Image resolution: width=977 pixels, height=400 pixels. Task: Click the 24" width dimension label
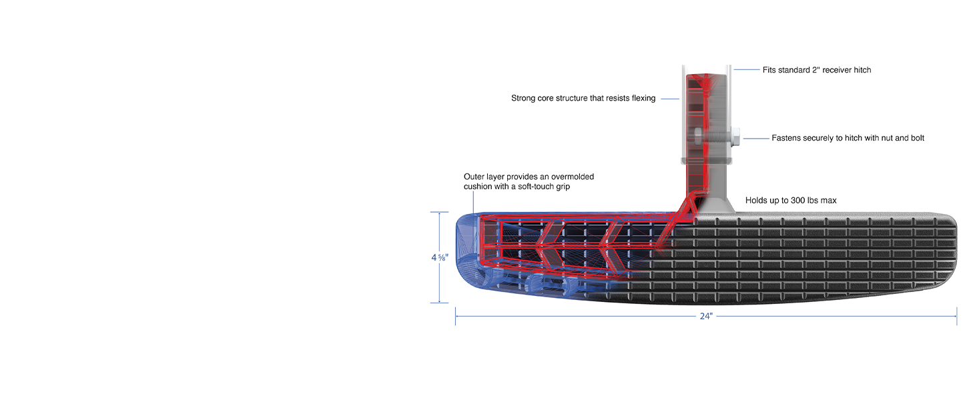(x=706, y=316)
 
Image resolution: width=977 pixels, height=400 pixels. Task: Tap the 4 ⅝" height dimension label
(x=439, y=257)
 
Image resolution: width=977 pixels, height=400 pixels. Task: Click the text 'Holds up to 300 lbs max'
(x=791, y=200)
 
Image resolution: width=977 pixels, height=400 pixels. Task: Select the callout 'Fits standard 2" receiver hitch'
(x=816, y=70)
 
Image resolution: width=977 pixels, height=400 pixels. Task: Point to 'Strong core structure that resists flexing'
(x=583, y=99)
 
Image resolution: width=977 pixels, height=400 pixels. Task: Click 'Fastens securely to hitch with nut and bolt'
(x=848, y=138)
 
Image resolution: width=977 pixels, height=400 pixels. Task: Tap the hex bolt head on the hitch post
(x=735, y=138)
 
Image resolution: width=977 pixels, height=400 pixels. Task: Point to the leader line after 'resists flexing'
(x=669, y=99)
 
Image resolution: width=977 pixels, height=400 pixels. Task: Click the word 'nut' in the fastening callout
(x=886, y=138)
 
